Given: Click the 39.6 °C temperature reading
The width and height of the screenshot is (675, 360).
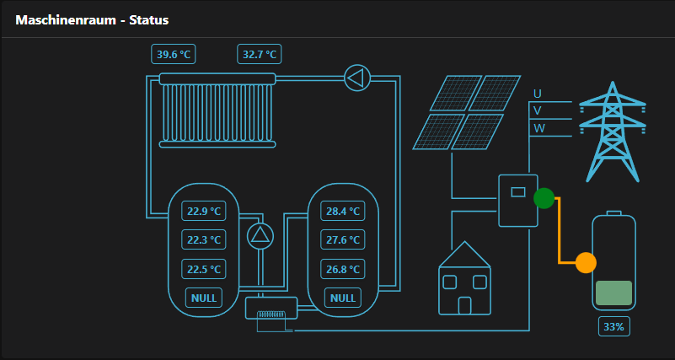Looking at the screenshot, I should [x=174, y=55].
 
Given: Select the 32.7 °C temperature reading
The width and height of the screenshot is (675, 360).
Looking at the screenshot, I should [x=260, y=55].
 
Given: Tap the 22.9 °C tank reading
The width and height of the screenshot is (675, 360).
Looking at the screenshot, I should [x=204, y=212].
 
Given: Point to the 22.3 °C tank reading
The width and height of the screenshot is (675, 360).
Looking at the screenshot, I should [x=204, y=240].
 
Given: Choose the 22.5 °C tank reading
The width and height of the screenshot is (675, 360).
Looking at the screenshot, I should [x=204, y=270].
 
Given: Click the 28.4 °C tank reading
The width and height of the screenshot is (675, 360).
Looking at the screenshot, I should [x=343, y=212].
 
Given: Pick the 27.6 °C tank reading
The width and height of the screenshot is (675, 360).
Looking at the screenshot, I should [x=343, y=240].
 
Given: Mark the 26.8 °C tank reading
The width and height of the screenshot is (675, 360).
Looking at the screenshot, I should [x=343, y=270].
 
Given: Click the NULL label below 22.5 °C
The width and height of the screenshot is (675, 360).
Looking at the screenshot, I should [x=204, y=298].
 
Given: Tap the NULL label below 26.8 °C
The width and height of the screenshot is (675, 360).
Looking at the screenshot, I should [x=343, y=298].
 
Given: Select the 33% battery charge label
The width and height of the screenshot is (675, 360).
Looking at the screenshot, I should [x=613, y=326].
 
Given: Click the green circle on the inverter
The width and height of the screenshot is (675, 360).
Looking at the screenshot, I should [x=544, y=198].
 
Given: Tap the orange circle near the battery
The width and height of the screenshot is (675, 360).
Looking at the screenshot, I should [x=586, y=262].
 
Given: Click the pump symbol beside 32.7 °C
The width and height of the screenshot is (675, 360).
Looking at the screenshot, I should [x=357, y=78].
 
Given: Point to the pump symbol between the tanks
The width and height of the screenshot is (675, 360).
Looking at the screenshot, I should [x=260, y=235].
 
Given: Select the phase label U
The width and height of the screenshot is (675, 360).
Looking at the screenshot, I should [x=538, y=94].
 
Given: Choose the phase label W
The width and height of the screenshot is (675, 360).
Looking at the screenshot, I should [x=539, y=128].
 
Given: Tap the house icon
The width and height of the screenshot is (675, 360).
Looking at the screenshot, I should [x=464, y=279].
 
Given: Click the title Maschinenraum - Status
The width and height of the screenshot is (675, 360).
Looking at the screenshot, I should [x=93, y=19].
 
